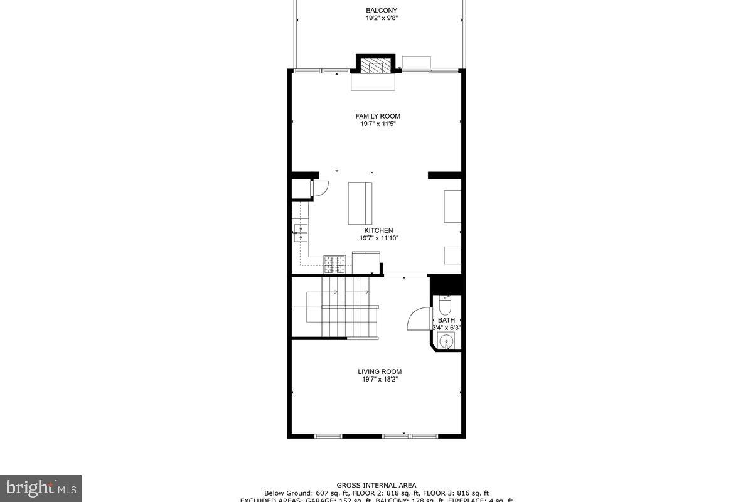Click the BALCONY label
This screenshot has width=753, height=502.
[x=382, y=10]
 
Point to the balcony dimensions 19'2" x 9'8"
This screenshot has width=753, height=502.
[x=382, y=18]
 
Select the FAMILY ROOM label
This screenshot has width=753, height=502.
[x=378, y=116]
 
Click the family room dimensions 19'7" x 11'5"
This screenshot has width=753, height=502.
[x=378, y=124]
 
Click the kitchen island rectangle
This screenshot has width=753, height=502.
[x=360, y=203]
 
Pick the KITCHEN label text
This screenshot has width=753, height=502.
[x=379, y=230]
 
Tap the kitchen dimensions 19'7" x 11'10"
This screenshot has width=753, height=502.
[x=379, y=238]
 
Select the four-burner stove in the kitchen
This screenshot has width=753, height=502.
[x=333, y=264]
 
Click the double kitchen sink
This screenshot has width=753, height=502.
[x=301, y=233]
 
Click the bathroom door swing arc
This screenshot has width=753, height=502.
[x=418, y=319]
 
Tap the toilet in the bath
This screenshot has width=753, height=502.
[x=445, y=306]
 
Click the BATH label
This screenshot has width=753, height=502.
[x=446, y=320]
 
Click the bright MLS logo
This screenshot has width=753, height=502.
[x=41, y=488]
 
